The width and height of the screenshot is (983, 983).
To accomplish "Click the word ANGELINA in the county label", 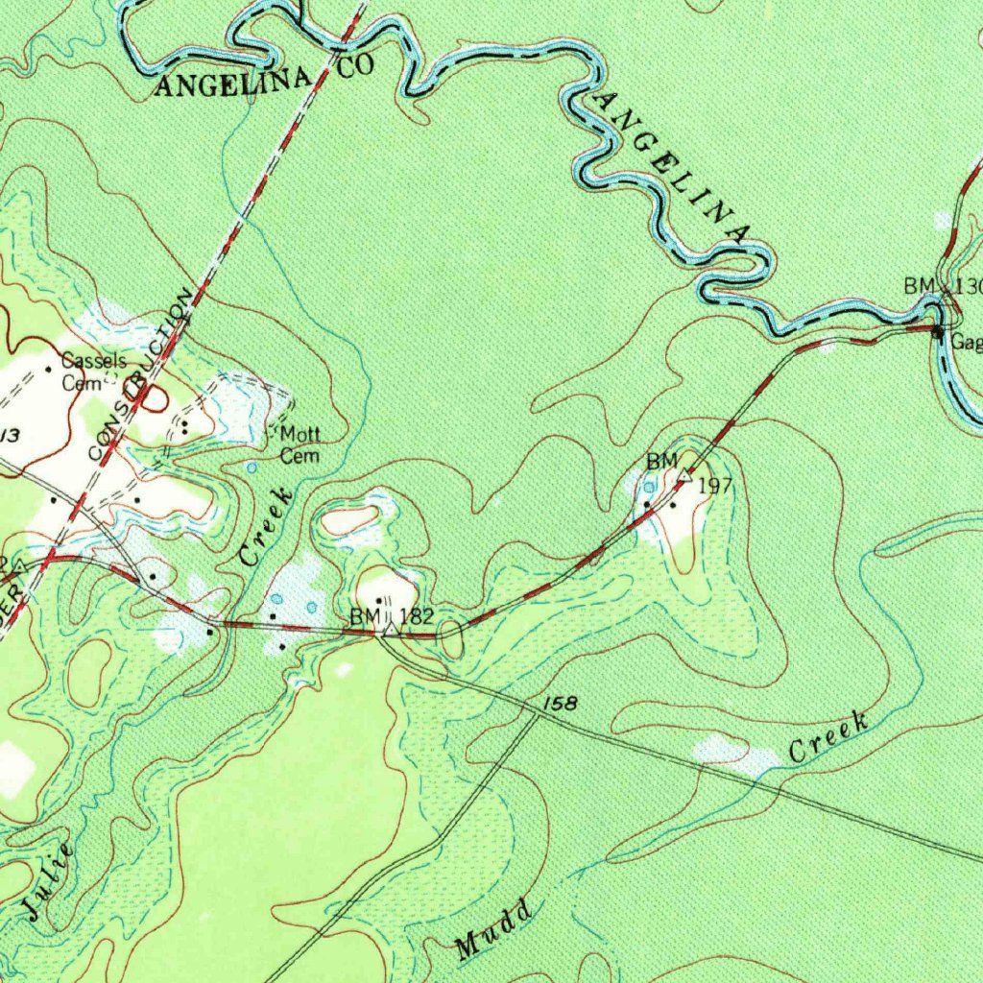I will tap(233, 84).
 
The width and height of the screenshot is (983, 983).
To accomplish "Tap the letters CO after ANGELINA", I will tap(351, 65).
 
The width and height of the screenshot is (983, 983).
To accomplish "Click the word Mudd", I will tap(494, 930).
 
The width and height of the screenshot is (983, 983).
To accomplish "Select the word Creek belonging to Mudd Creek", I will tap(828, 737).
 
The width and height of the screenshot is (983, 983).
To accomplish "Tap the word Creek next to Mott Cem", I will tap(266, 526).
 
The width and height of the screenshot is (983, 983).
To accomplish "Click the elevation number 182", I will tap(420, 616).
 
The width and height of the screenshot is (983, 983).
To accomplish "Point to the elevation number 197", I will tap(715, 486).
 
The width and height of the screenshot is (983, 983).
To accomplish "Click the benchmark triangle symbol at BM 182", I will tap(389, 630).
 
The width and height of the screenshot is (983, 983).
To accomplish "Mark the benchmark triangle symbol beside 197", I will tap(684, 475).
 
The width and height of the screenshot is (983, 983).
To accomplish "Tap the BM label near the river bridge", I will tap(918, 286).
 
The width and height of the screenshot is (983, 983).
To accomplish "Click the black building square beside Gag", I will tap(938, 332).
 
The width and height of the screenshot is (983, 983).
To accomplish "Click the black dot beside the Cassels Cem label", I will tap(49, 368).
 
